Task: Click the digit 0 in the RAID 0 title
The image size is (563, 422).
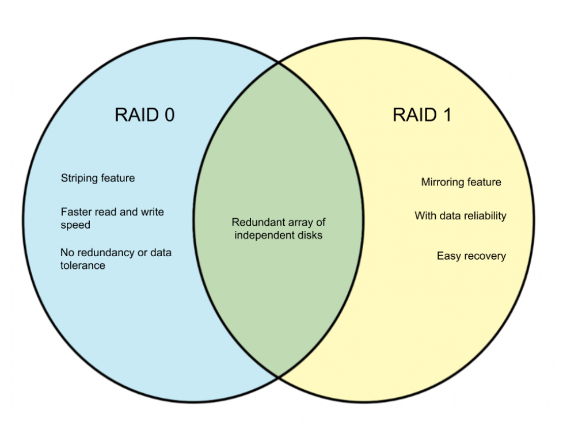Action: click(x=168, y=115)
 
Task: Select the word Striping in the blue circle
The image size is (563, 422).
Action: click(x=79, y=178)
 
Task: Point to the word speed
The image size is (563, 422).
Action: click(x=75, y=225)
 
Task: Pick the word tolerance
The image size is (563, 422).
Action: click(x=83, y=265)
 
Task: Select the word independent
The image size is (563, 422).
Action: click(x=263, y=235)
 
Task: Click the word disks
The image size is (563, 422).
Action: click(x=308, y=235)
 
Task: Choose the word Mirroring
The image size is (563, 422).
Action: click(x=442, y=183)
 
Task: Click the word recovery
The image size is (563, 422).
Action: click(x=485, y=256)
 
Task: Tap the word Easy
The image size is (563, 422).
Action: click(x=448, y=256)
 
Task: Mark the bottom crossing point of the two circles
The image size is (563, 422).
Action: click(x=279, y=377)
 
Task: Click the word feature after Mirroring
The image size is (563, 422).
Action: click(x=484, y=183)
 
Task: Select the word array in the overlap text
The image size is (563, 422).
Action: click(x=302, y=222)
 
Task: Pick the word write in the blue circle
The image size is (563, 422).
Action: click(x=151, y=212)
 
